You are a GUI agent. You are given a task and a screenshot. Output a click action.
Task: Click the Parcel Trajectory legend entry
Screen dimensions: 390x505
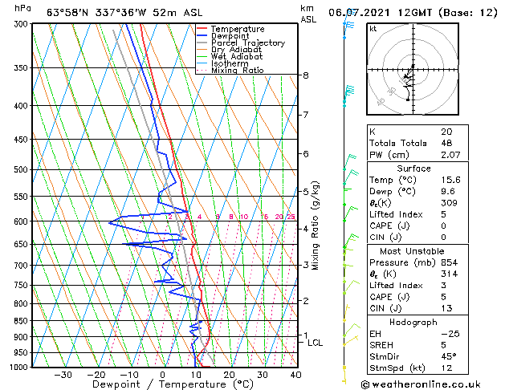pos(247,43)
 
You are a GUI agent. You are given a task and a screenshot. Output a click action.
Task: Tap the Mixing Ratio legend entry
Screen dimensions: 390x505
pos(238,71)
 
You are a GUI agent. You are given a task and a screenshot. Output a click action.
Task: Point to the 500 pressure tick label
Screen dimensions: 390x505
pos(22,170)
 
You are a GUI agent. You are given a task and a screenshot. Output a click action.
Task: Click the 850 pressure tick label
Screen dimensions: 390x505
pos(22,321)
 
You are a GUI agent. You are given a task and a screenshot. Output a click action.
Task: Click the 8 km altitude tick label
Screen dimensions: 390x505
pos(306,75)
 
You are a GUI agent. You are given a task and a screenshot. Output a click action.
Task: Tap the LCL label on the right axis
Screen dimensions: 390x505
pos(316,343)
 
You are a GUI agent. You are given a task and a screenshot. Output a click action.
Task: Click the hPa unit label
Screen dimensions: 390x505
pos(23,8)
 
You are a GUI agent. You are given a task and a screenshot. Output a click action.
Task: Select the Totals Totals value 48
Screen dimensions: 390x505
pos(446,143)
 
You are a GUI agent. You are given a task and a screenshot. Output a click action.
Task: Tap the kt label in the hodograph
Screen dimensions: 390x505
pos(373,28)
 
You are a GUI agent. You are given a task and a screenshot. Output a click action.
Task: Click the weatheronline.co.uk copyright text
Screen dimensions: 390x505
pos(420,384)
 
